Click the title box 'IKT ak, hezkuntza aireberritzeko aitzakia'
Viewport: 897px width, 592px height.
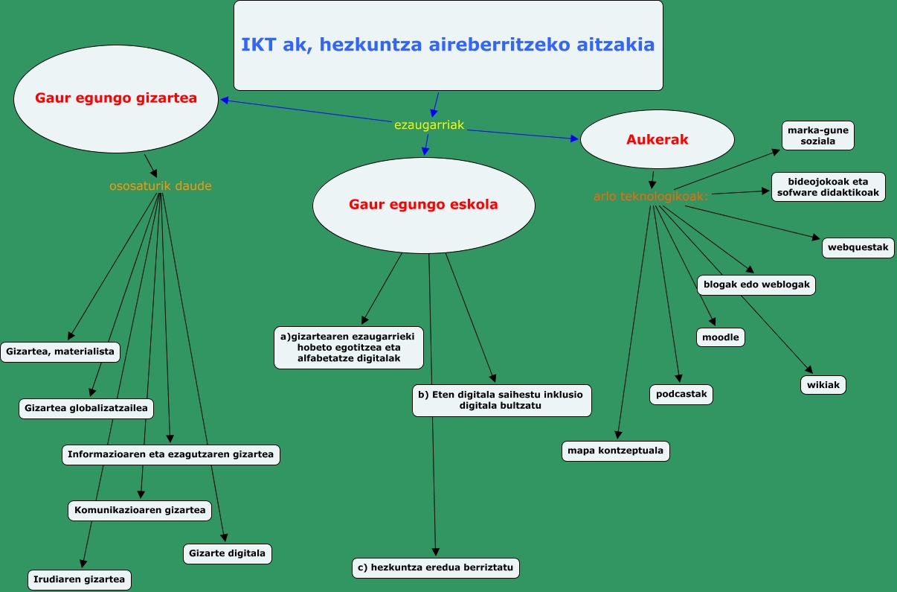[448, 45]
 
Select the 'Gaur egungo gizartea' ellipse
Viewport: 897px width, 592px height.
[116, 98]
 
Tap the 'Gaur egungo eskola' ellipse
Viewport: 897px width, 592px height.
[423, 204]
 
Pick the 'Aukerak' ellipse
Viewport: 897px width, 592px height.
[658, 139]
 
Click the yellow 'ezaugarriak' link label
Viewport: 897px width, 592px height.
[429, 125]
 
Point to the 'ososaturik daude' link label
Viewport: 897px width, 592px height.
[160, 185]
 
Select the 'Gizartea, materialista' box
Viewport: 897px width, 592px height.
[60, 351]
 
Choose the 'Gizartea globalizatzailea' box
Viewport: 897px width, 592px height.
[86, 408]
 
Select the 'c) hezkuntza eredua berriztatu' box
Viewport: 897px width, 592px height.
[436, 567]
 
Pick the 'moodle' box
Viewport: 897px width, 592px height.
[721, 337]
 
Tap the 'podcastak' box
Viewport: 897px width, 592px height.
[681, 394]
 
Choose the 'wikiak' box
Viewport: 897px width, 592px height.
[823, 385]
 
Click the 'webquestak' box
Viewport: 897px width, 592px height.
[858, 247]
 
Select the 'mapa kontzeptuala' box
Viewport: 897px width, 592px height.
[616, 451]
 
